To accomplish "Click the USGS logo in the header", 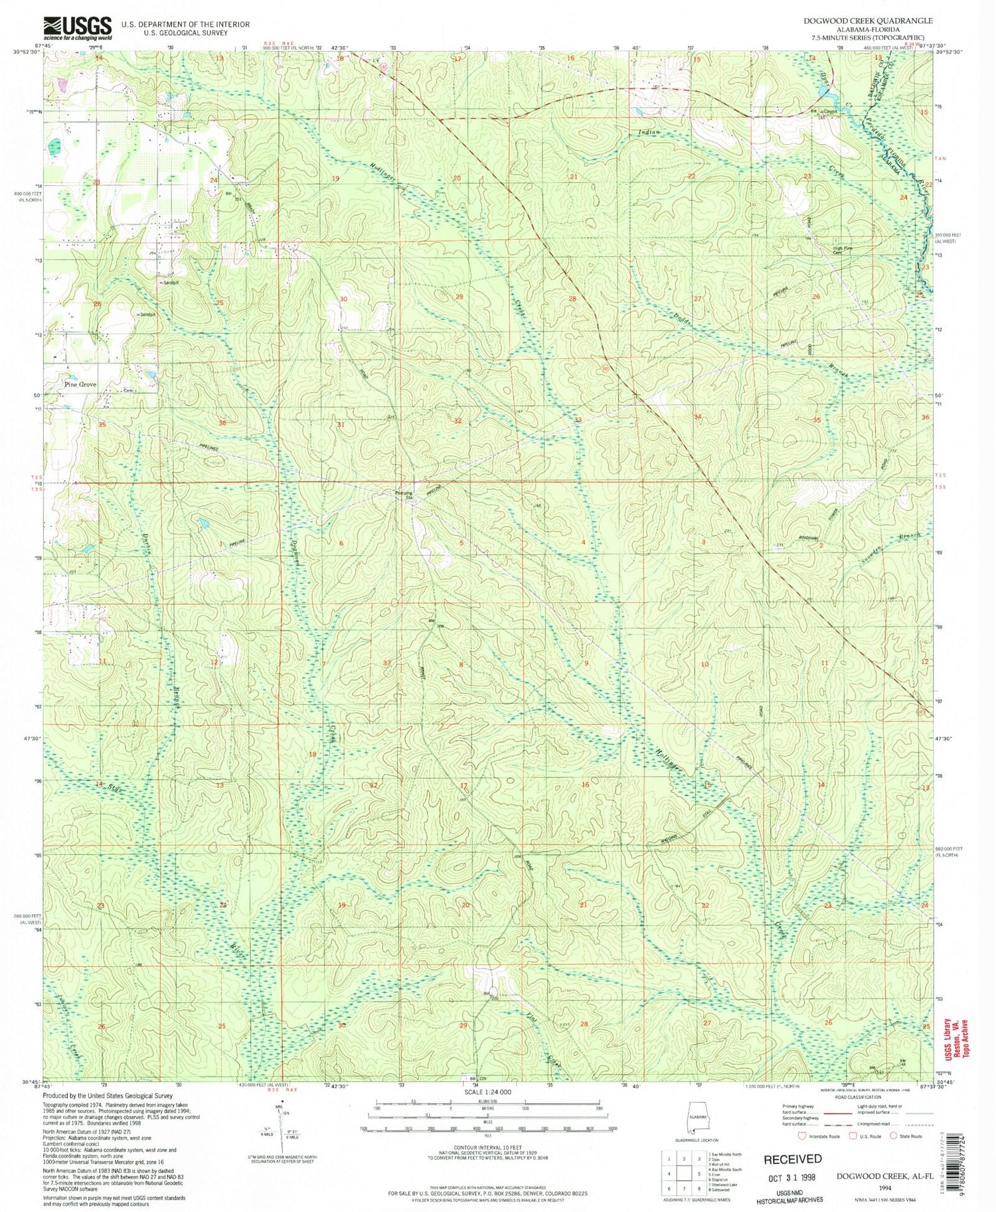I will tap(77, 28).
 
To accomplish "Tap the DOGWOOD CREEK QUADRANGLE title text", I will tap(867, 21).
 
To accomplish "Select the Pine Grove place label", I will tap(80, 384).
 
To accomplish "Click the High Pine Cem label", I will tap(843, 250).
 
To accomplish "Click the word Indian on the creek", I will tap(649, 132).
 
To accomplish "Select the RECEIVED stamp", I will tap(792, 1159).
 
